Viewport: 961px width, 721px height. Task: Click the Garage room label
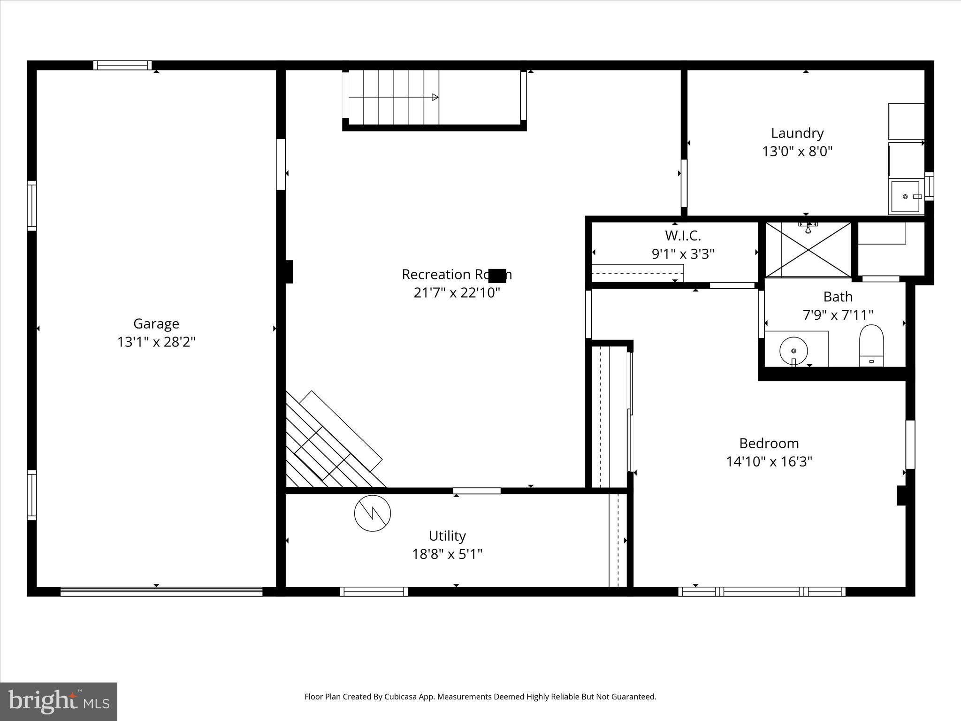click(x=156, y=324)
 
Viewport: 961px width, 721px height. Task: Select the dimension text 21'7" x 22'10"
click(x=457, y=293)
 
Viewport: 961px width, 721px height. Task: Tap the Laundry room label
click(x=797, y=133)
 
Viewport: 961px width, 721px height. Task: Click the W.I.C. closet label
click(x=682, y=236)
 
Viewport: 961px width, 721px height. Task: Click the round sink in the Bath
click(x=793, y=351)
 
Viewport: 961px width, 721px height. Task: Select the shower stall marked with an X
click(x=808, y=250)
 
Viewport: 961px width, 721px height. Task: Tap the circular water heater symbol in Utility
click(x=373, y=513)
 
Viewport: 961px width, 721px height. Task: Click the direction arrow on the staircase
click(x=435, y=97)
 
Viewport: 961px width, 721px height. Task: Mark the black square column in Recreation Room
click(x=497, y=276)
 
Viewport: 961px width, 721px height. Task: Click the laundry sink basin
click(x=905, y=197)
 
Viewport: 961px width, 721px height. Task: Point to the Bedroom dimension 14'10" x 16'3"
click(x=769, y=462)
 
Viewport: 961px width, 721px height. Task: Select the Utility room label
click(x=447, y=536)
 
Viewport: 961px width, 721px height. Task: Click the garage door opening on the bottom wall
click(x=161, y=591)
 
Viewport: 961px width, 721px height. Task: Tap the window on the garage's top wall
click(x=122, y=65)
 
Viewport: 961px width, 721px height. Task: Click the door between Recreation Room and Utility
click(x=477, y=491)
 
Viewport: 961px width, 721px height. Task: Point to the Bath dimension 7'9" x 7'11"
click(x=838, y=315)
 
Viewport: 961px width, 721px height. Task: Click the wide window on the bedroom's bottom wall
click(x=761, y=591)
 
